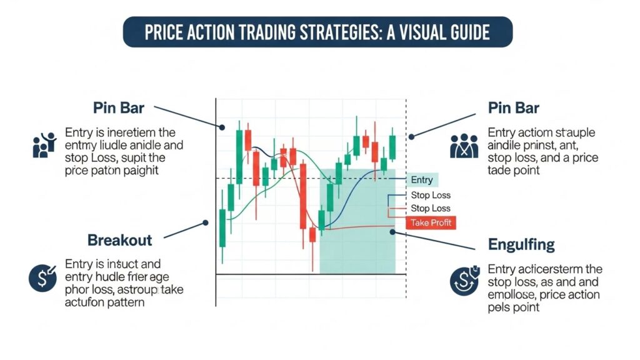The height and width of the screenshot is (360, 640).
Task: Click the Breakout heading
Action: (120, 239)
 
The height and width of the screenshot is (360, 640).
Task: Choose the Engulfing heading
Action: (521, 244)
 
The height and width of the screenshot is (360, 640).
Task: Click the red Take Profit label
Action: (431, 222)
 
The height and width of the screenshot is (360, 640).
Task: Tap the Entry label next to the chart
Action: (422, 180)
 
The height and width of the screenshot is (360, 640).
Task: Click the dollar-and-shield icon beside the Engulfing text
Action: (463, 281)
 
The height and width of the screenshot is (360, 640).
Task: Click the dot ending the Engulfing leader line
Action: (392, 232)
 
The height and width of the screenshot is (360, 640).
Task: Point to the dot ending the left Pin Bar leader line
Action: (222, 127)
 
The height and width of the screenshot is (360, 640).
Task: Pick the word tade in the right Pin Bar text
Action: (501, 170)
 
